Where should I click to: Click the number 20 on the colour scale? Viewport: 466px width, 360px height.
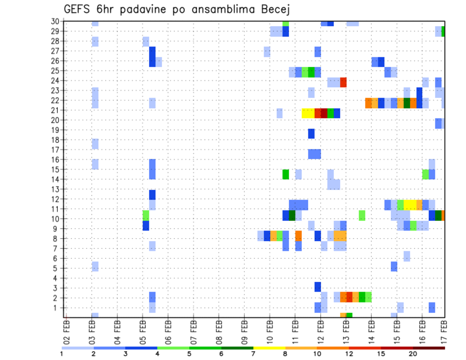[x=413, y=354]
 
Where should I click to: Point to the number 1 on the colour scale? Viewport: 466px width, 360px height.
[x=62, y=354]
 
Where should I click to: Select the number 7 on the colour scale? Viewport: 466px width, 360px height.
[x=253, y=354]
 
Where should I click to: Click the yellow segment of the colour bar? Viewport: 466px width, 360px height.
[x=269, y=348]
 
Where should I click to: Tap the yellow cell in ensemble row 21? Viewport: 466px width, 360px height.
[x=308, y=113]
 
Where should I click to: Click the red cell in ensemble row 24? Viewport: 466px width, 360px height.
[x=343, y=82]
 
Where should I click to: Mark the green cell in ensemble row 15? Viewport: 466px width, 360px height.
[x=285, y=174]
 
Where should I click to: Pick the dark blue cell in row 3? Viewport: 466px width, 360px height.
[x=317, y=287]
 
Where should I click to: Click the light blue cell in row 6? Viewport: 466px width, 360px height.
[x=407, y=256]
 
